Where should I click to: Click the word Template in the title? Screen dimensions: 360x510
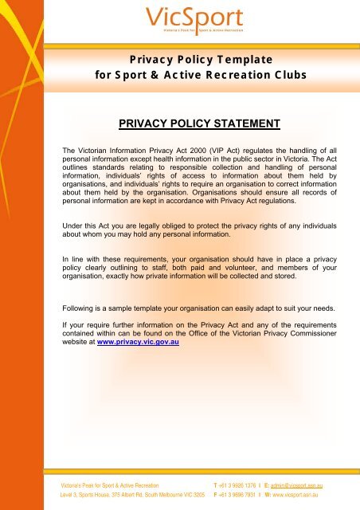point(238,60)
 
